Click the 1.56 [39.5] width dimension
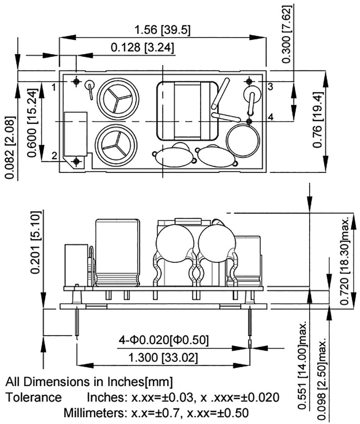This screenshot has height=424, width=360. coord(163,31)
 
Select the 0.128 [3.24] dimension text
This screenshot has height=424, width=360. coord(142,48)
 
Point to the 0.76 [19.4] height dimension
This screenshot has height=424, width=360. coord(317,120)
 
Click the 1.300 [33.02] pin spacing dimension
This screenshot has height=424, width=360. coord(163,357)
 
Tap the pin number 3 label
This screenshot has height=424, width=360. coord(269,86)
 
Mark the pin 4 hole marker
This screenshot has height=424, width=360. coord(249,121)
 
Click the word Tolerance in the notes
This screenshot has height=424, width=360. coord(34,397)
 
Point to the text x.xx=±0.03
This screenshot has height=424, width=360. coord(163,397)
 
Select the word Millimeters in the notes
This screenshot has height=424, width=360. coord(93,413)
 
